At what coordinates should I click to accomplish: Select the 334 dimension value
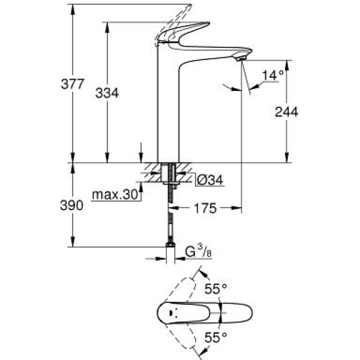[107, 92]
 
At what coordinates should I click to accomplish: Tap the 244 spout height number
[287, 112]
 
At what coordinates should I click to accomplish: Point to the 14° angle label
[272, 75]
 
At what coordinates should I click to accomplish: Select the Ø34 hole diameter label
[210, 179]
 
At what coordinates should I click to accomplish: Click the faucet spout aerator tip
[241, 58]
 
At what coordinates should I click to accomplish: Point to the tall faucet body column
[168, 114]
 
